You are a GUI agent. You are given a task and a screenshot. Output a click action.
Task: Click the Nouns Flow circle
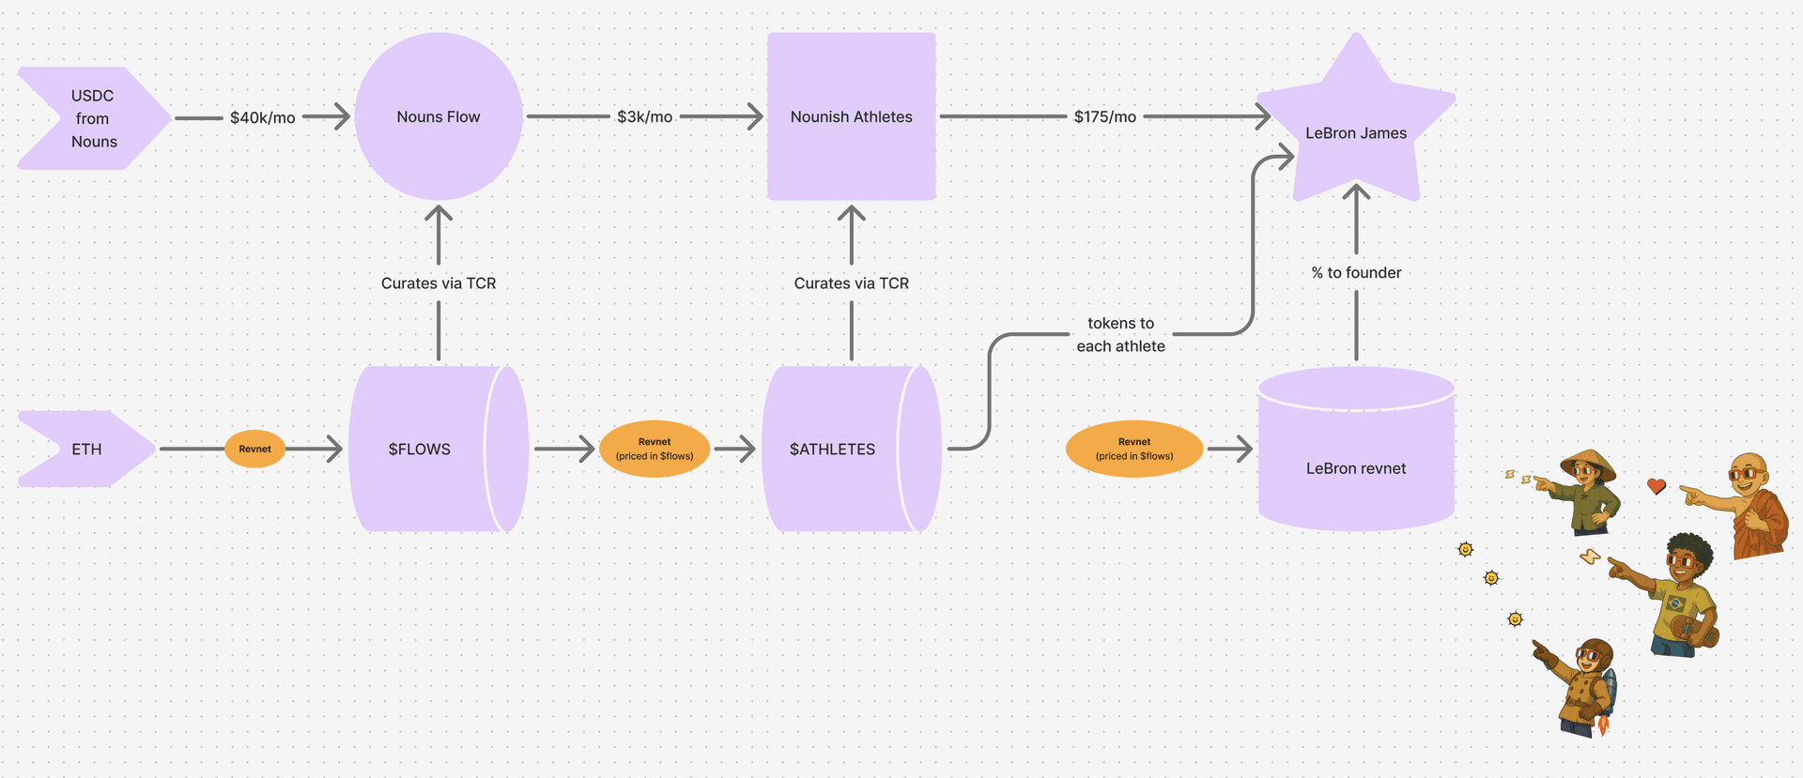[438, 116]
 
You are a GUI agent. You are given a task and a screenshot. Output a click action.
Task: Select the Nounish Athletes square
[851, 116]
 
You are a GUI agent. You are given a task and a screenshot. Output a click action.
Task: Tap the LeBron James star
[1356, 132]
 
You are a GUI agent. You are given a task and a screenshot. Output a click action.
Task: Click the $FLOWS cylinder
[420, 450]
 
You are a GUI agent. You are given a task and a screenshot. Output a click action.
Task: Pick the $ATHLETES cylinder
[832, 450]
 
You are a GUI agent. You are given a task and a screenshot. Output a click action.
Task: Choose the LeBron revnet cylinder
[1356, 467]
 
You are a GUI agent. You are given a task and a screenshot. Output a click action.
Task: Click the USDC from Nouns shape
[93, 118]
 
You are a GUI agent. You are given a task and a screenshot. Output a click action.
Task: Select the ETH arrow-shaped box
[86, 450]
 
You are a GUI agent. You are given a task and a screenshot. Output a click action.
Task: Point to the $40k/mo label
[262, 117]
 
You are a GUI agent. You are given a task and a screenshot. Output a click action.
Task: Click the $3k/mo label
[644, 117]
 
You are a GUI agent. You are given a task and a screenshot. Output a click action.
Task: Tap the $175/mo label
[1104, 117]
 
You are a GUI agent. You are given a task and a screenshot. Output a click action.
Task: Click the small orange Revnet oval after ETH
[254, 450]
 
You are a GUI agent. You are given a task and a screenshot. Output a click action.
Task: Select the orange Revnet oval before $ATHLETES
[655, 450]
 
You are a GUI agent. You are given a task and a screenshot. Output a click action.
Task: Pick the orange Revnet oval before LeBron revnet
[1133, 450]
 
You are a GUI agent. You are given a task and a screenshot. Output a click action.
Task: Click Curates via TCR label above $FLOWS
[439, 283]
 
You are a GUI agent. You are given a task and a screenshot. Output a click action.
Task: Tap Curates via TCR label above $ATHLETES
[852, 283]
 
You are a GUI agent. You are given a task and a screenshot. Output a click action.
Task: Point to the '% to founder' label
[1356, 273]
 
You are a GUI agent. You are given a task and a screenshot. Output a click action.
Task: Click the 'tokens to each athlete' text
[1120, 335]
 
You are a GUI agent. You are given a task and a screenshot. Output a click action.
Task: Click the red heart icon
[1657, 486]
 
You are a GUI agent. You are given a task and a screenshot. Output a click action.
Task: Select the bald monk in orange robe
[1752, 507]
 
